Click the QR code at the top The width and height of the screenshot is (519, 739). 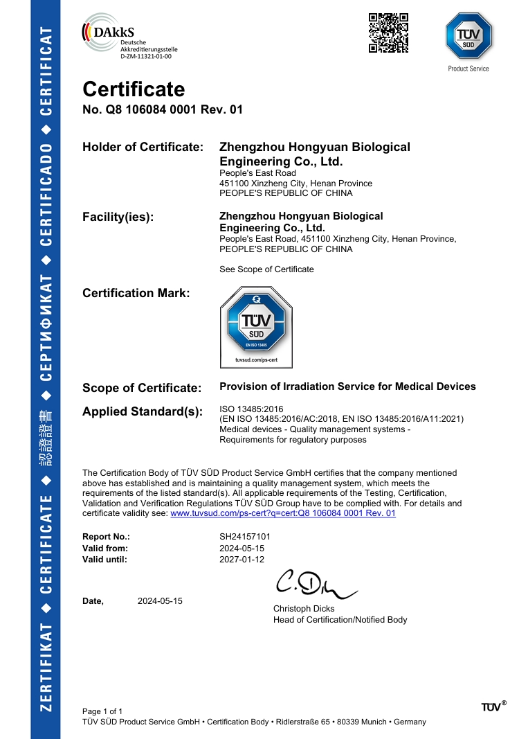(x=388, y=33)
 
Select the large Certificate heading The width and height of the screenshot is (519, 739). (x=134, y=89)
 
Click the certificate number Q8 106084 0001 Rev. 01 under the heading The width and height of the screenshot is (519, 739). (x=163, y=109)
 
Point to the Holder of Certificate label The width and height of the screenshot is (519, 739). (x=143, y=148)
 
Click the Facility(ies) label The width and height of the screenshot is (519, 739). (x=118, y=217)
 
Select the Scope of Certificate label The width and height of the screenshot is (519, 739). (x=142, y=388)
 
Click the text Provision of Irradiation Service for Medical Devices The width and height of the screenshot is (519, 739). (x=347, y=386)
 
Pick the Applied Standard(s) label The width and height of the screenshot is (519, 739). (x=143, y=412)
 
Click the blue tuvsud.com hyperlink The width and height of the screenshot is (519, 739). (x=283, y=513)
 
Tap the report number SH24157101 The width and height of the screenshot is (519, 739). (x=245, y=537)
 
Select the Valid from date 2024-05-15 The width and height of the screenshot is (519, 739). (x=242, y=548)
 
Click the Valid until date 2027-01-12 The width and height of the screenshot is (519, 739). (x=242, y=559)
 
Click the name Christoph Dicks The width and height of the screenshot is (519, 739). (x=304, y=609)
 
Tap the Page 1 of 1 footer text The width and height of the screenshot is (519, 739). (x=102, y=711)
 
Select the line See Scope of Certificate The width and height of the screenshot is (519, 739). (x=266, y=269)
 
